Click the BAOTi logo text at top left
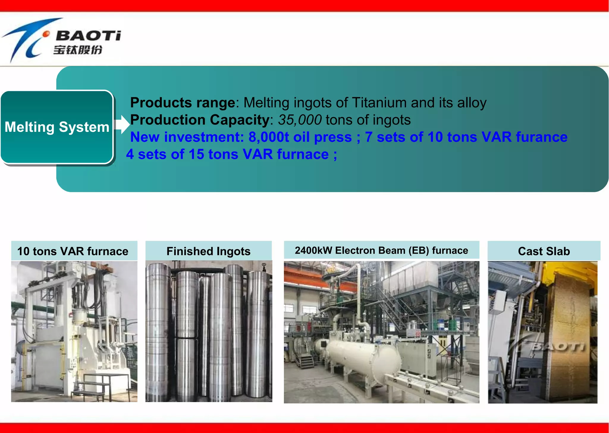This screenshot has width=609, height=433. click(88, 36)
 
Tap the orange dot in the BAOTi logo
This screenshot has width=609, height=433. click(46, 34)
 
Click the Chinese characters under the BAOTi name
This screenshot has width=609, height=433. click(78, 50)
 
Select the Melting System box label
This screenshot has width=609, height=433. click(57, 127)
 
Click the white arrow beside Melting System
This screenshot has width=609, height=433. click(122, 124)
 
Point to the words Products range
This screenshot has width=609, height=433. click(183, 103)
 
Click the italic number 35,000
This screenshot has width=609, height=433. click(300, 120)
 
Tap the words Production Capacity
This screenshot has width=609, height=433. click(200, 120)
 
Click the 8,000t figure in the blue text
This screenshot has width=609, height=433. click(269, 137)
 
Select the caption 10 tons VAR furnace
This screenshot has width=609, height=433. click(73, 251)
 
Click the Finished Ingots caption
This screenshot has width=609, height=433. click(208, 251)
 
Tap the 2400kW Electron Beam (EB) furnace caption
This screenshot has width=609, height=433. click(381, 250)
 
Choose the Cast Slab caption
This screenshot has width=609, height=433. click(544, 251)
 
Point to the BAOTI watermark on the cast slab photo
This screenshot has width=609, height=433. click(558, 347)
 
